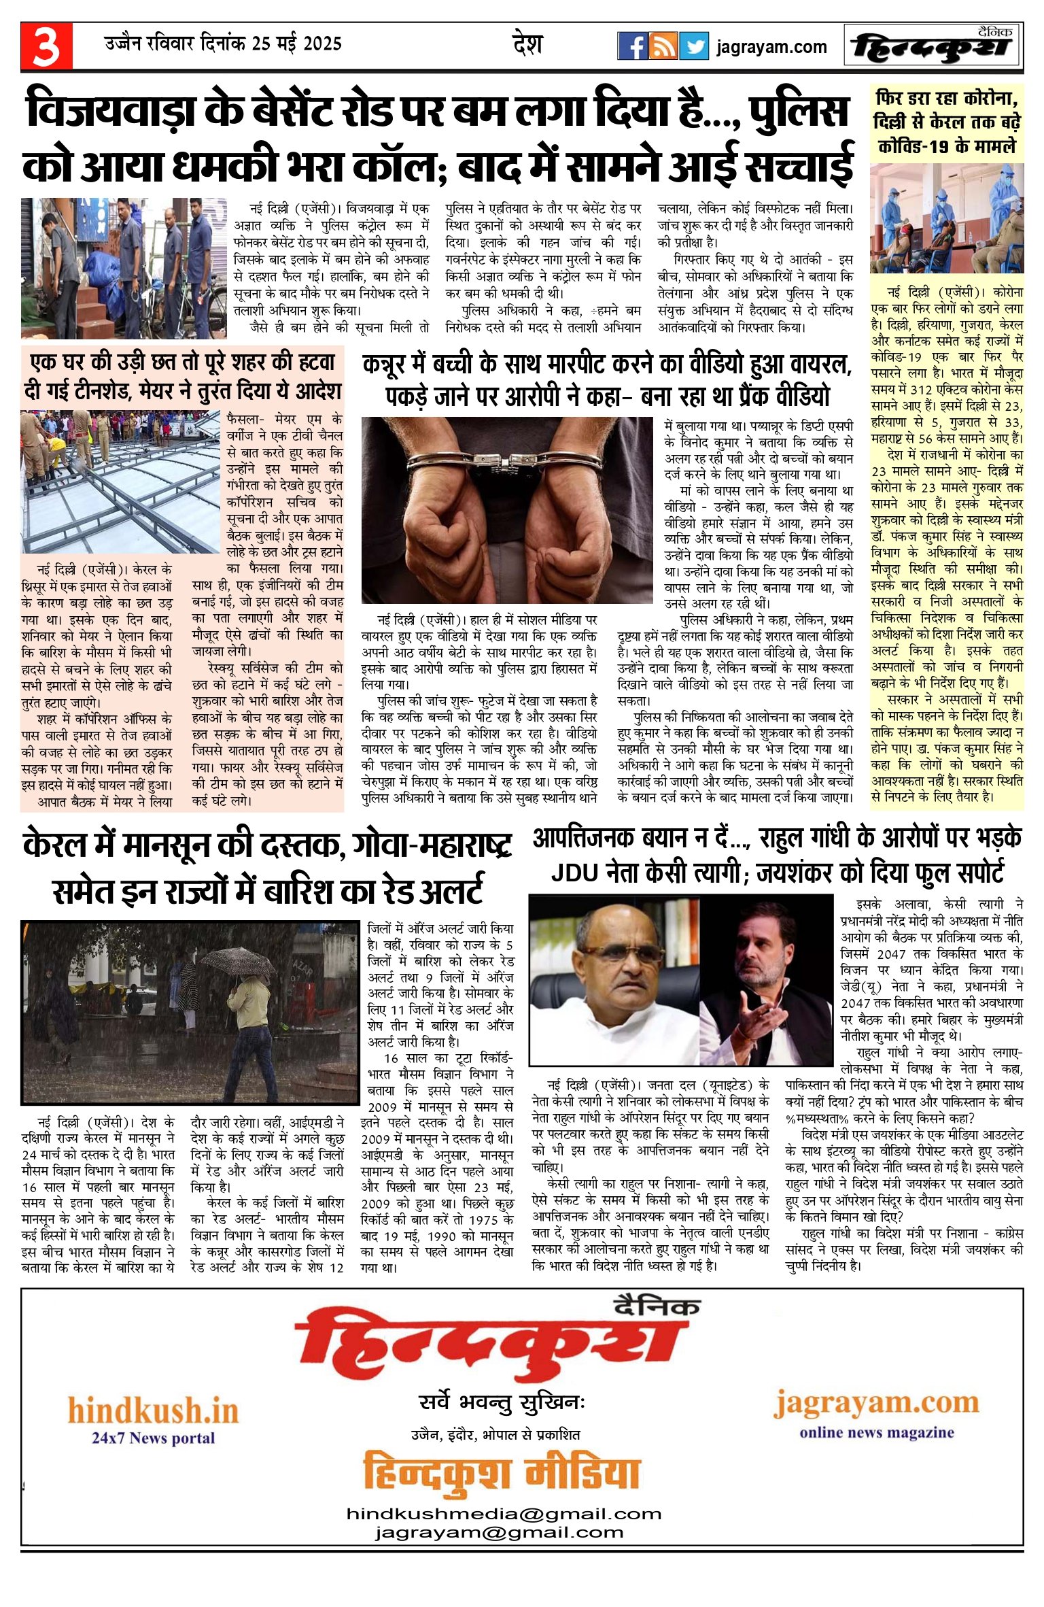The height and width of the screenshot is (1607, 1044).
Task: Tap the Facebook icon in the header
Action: (x=633, y=46)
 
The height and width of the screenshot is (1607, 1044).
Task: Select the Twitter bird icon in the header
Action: (x=694, y=46)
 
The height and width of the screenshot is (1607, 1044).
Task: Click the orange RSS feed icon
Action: (x=663, y=46)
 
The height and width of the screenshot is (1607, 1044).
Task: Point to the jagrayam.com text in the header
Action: (x=771, y=47)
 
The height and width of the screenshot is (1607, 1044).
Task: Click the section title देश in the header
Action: (x=527, y=45)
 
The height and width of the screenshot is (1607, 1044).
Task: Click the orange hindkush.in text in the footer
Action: (x=154, y=1410)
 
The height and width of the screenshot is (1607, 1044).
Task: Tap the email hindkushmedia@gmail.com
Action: (x=504, y=1514)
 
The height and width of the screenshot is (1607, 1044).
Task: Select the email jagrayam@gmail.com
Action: (x=499, y=1533)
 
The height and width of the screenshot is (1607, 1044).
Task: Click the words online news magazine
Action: (x=877, y=1432)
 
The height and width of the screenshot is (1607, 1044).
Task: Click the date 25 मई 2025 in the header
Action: (x=296, y=44)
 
